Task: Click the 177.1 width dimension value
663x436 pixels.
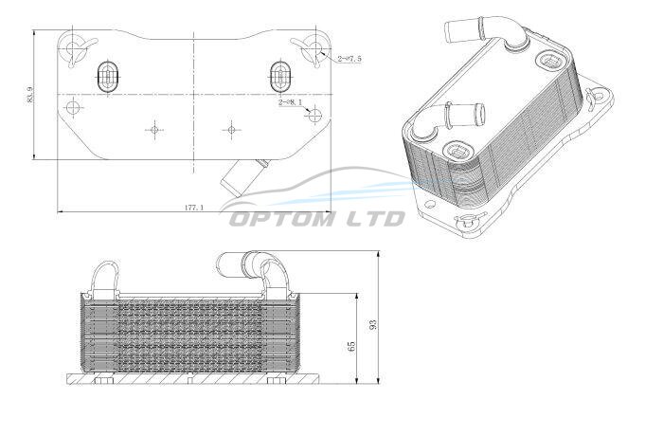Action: (194, 208)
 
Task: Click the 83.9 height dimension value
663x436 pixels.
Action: (30, 95)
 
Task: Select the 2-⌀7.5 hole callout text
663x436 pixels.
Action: (349, 59)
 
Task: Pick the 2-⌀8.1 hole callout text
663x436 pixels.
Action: (291, 102)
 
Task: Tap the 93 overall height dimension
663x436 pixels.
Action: (372, 324)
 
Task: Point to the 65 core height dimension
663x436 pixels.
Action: (351, 346)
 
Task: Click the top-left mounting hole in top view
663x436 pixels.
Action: (74, 48)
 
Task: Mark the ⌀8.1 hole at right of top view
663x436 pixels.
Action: (315, 115)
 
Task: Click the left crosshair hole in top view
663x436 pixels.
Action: (73, 107)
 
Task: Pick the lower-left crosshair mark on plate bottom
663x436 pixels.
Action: (154, 130)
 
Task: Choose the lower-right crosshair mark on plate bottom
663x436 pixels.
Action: (231, 130)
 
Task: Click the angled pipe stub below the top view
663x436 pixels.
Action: (242, 177)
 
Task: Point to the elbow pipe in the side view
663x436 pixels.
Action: (254, 272)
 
